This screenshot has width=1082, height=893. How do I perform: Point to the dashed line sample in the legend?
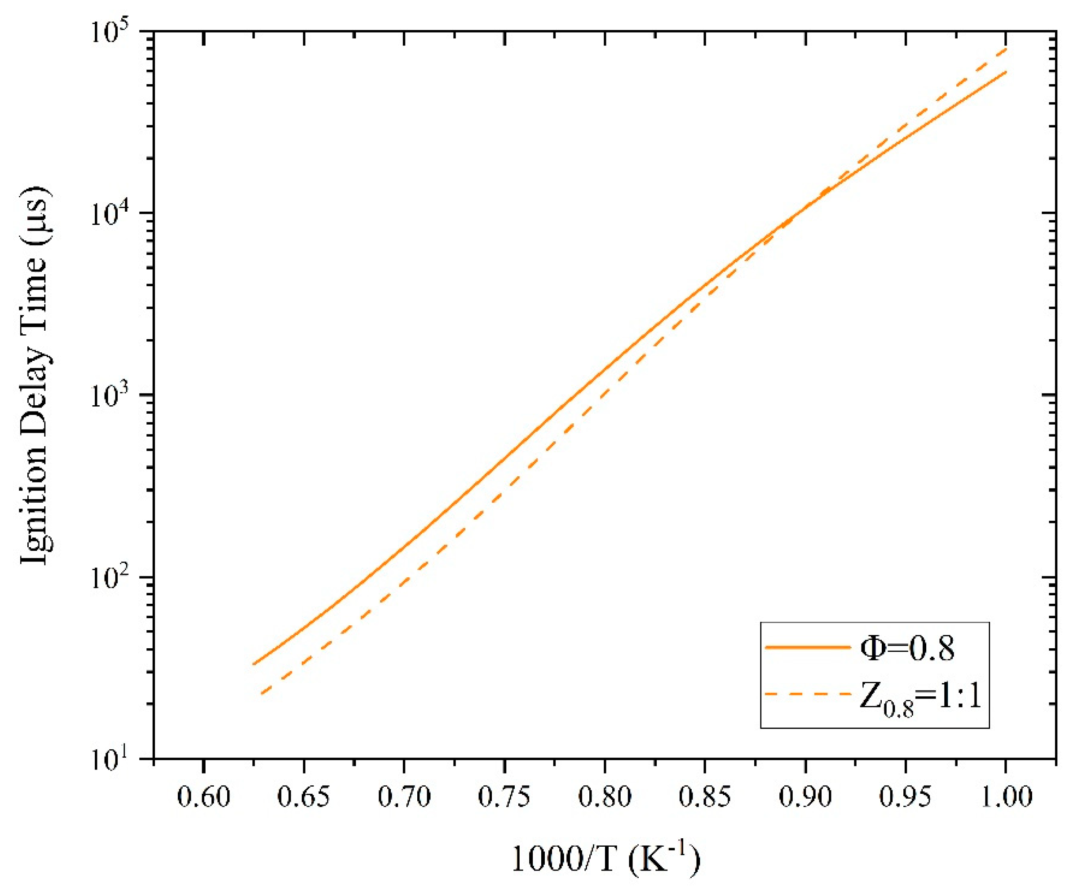pos(807,695)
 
